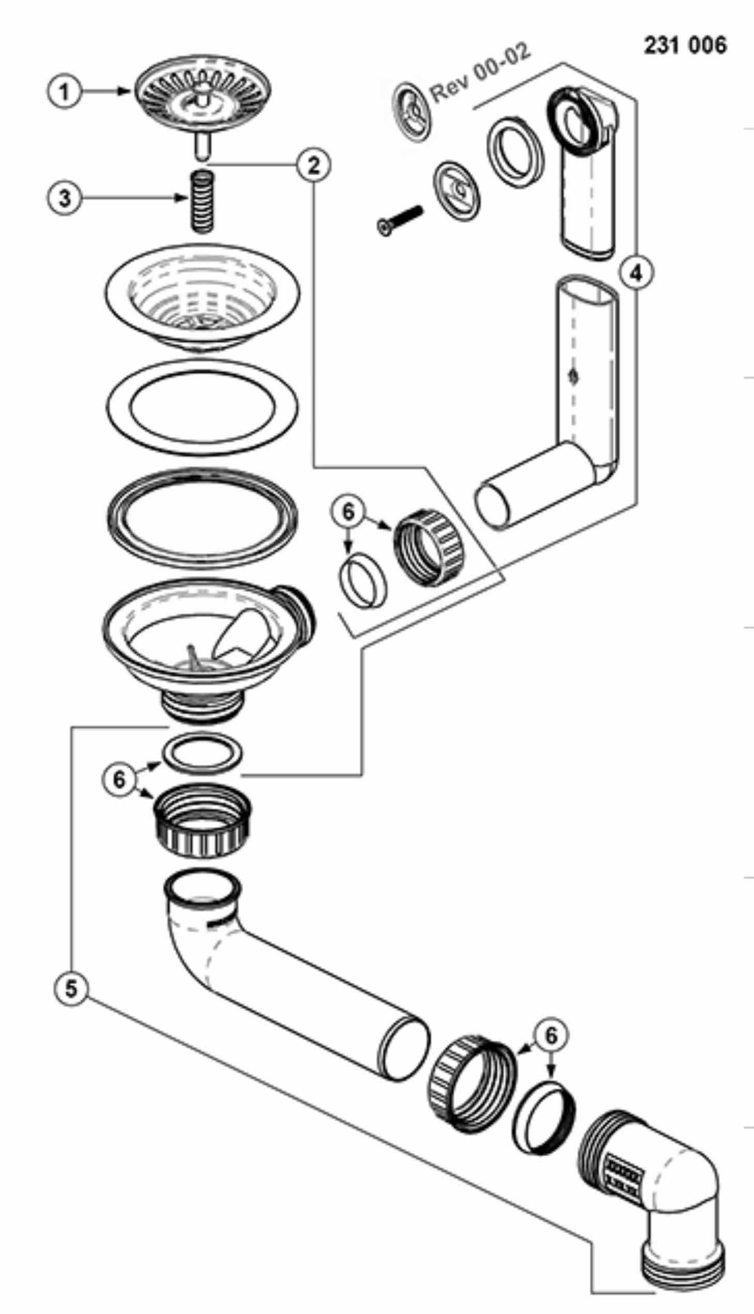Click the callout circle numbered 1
click(x=64, y=92)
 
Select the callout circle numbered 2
click(x=314, y=165)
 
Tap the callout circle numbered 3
click(x=64, y=198)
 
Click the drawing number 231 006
click(x=685, y=45)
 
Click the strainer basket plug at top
click(x=203, y=106)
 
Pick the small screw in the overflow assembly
click(x=399, y=220)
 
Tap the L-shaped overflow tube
click(x=549, y=415)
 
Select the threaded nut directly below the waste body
click(x=202, y=820)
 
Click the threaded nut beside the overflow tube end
click(x=429, y=548)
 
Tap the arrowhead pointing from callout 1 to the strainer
click(x=124, y=91)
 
